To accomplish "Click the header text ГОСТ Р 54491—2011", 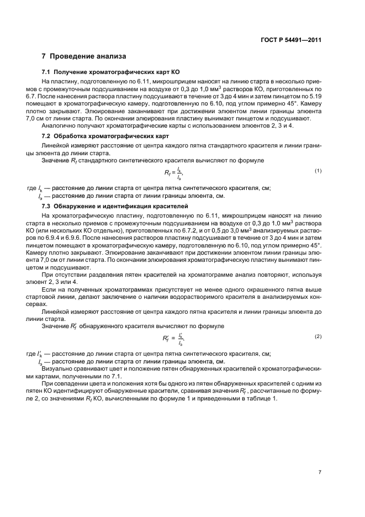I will (293, 40).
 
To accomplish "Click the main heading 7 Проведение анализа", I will (84, 56).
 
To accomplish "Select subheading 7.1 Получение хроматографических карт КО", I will (110, 72).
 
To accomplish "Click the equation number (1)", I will (318, 171).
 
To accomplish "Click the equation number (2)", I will (318, 336).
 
